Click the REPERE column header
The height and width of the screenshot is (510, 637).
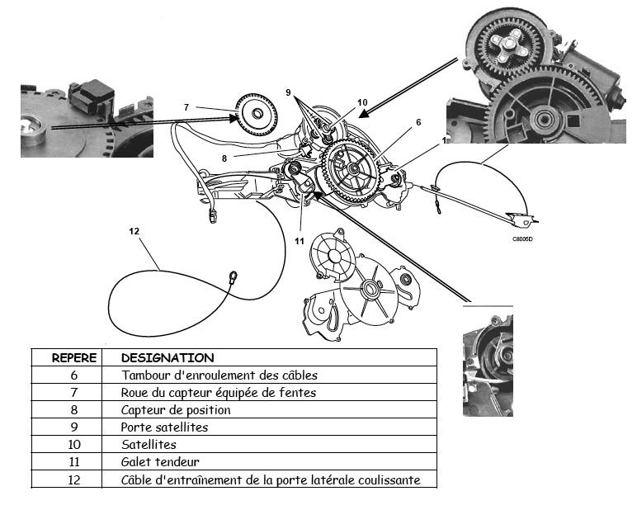tap(74, 358)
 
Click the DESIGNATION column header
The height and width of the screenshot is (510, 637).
tap(167, 358)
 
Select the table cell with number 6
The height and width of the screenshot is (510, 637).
tap(73, 375)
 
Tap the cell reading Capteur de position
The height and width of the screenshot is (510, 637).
tap(176, 410)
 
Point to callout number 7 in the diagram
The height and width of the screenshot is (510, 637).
tap(186, 106)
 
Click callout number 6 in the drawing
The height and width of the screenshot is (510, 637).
tap(418, 122)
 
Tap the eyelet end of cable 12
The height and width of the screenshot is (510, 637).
tap(234, 277)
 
